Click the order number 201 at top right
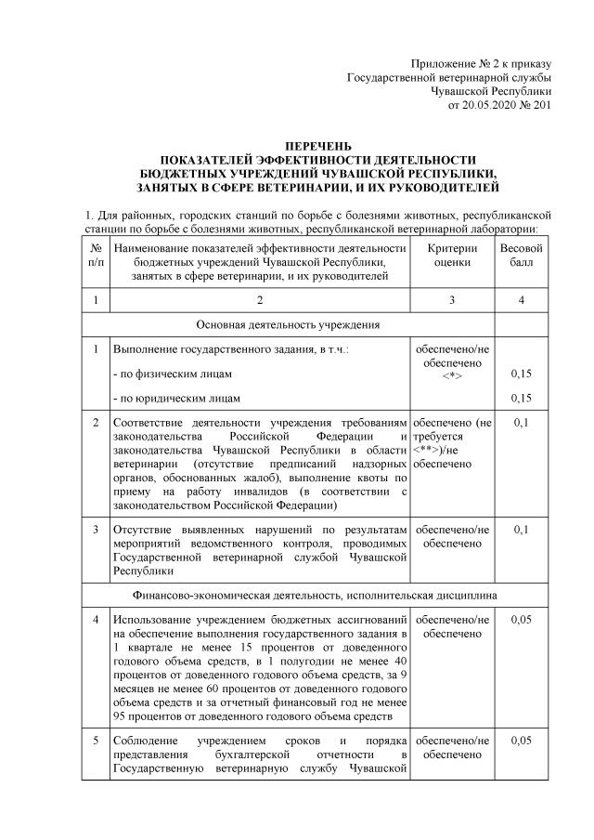click(543, 107)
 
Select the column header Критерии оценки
click(451, 256)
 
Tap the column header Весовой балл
click(522, 256)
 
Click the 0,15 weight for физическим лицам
click(522, 374)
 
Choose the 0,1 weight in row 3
click(522, 529)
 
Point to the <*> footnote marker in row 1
click(451, 375)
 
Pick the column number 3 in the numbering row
click(451, 299)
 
